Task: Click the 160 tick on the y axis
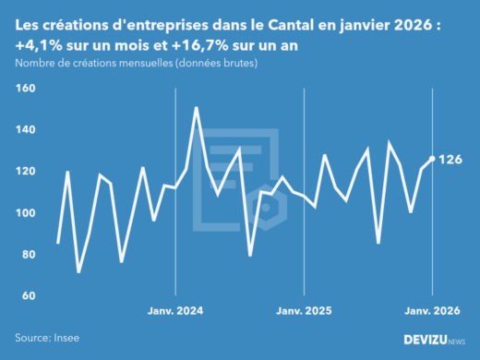[x=25, y=89]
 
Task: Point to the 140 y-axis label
[x=25, y=130]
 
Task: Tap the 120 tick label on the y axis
[x=25, y=172]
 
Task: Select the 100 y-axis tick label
[x=25, y=213]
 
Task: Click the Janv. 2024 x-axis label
[x=175, y=311]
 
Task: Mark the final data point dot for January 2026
[x=432, y=159]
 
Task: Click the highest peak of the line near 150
[x=196, y=108]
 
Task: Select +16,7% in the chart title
[x=200, y=46]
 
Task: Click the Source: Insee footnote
[x=47, y=339]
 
